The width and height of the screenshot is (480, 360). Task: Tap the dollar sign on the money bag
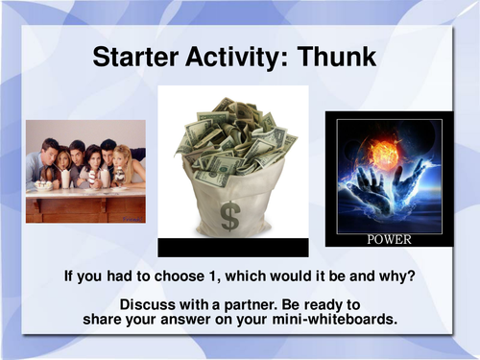pos(229,215)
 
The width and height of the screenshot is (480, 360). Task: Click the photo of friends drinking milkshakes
pos(85,171)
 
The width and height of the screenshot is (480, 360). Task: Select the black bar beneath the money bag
pos(233,248)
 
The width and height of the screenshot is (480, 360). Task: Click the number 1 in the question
pos(180,276)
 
